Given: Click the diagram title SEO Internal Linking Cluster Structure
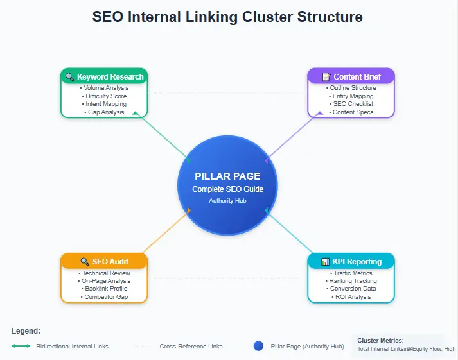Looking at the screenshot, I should (227, 17).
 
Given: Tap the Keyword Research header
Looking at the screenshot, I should (104, 77).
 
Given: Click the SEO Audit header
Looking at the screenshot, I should (104, 262).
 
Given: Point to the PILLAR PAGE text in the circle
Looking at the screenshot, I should (227, 176).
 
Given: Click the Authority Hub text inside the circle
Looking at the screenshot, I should (227, 201).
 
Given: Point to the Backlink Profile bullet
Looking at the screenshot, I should (104, 289).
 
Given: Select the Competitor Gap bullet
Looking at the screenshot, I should (104, 297).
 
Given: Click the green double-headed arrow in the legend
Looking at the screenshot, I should (21, 346).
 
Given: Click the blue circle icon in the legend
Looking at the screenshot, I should (259, 346).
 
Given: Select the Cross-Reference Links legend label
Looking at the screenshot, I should (191, 347).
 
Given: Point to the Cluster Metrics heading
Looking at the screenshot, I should (380, 341).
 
